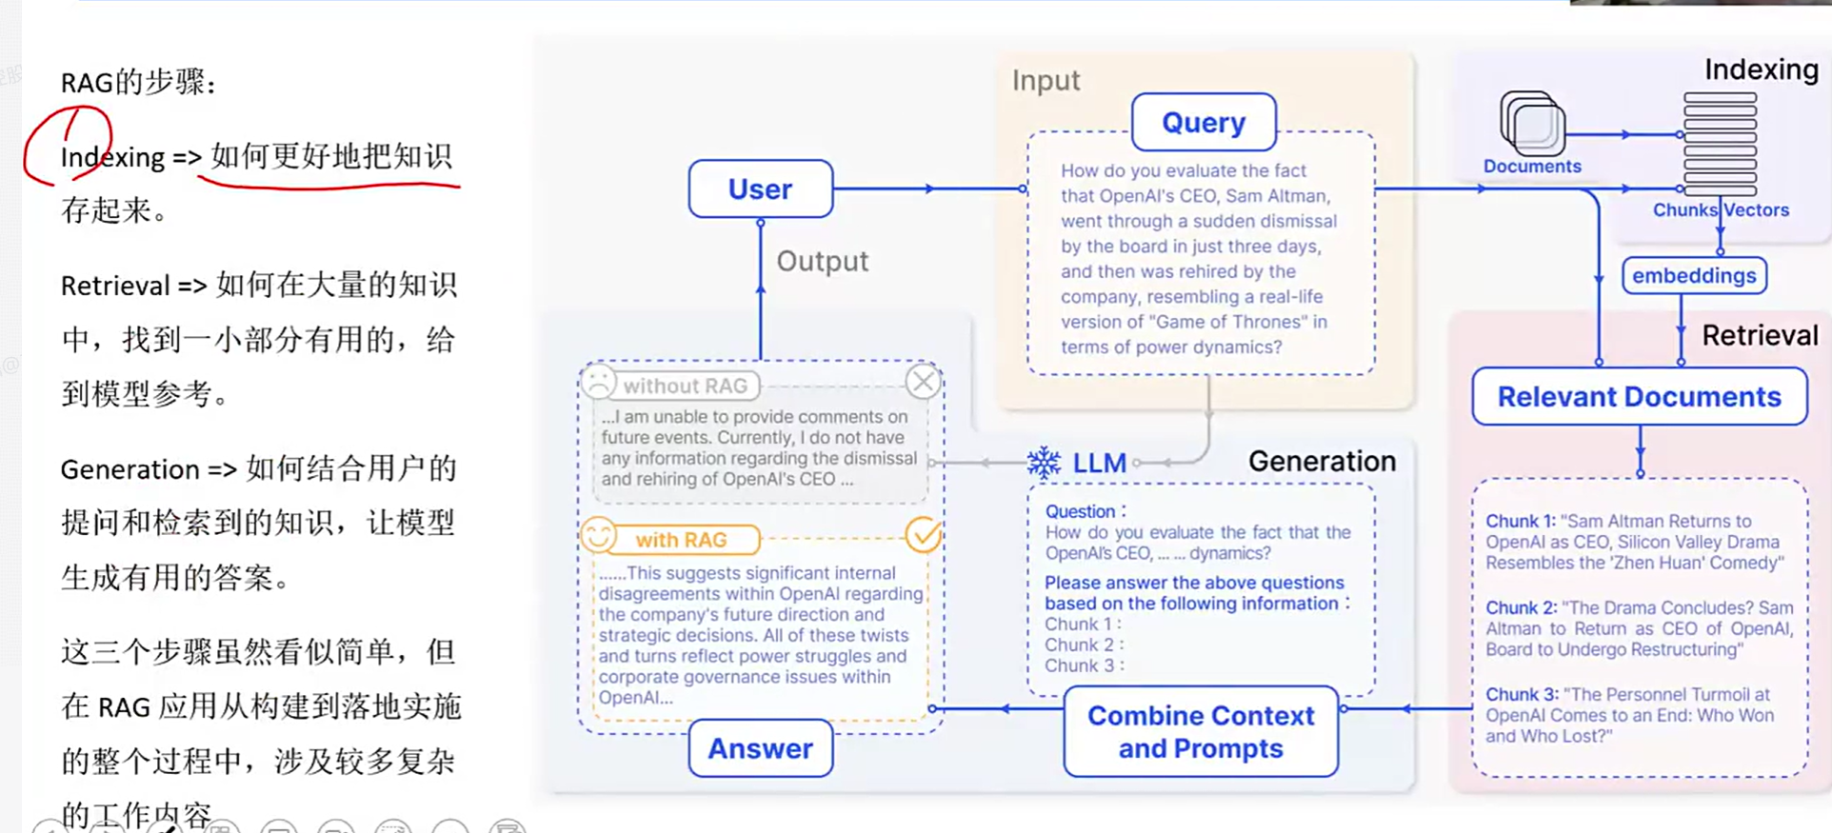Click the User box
pos(760,188)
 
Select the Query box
pos(1204,122)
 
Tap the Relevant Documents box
pos(1639,396)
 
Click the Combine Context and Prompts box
pos(1201,731)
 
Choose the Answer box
pos(760,748)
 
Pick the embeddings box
pos(1694,275)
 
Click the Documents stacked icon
pos(1532,123)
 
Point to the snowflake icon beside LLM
pos(1044,463)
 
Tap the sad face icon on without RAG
pos(599,382)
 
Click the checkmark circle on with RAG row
pos(923,535)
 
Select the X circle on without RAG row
pos(923,382)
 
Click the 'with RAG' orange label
pos(682,540)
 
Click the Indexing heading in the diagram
pos(1761,69)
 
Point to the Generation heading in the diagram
pos(1322,461)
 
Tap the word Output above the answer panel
pos(822,261)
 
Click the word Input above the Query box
pos(1045,80)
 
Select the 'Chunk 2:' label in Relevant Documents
pos(1521,607)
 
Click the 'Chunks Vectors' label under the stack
pos(1721,209)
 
